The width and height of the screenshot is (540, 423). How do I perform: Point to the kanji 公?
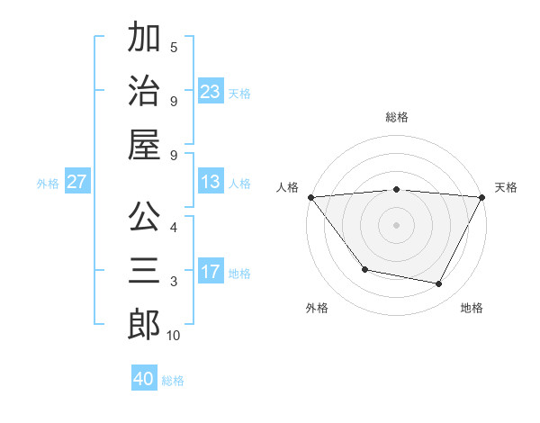pyautogui.click(x=144, y=217)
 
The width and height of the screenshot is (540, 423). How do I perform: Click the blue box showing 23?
pyautogui.click(x=210, y=92)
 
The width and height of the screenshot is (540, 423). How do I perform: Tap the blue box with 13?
pyautogui.click(x=210, y=183)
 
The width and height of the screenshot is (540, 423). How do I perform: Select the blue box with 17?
pyautogui.click(x=210, y=273)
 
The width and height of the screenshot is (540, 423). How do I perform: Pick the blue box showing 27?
pyautogui.click(x=76, y=183)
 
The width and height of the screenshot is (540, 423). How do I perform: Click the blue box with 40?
pyautogui.click(x=144, y=379)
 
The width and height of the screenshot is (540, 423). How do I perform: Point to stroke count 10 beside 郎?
pyautogui.click(x=174, y=336)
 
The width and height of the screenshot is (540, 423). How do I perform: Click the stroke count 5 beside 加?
pyautogui.click(x=174, y=47)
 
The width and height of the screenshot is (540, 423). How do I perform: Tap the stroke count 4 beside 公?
pyautogui.click(x=174, y=227)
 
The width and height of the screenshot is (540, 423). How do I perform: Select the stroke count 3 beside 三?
pyautogui.click(x=174, y=282)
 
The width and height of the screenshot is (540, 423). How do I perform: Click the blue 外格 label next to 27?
pyautogui.click(x=48, y=184)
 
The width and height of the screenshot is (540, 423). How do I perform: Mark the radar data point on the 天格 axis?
pyautogui.click(x=482, y=196)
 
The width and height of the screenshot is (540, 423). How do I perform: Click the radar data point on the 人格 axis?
pyautogui.click(x=310, y=196)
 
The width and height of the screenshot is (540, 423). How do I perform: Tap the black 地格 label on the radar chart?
pyautogui.click(x=472, y=309)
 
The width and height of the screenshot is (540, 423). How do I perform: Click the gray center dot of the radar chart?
pyautogui.click(x=396, y=224)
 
